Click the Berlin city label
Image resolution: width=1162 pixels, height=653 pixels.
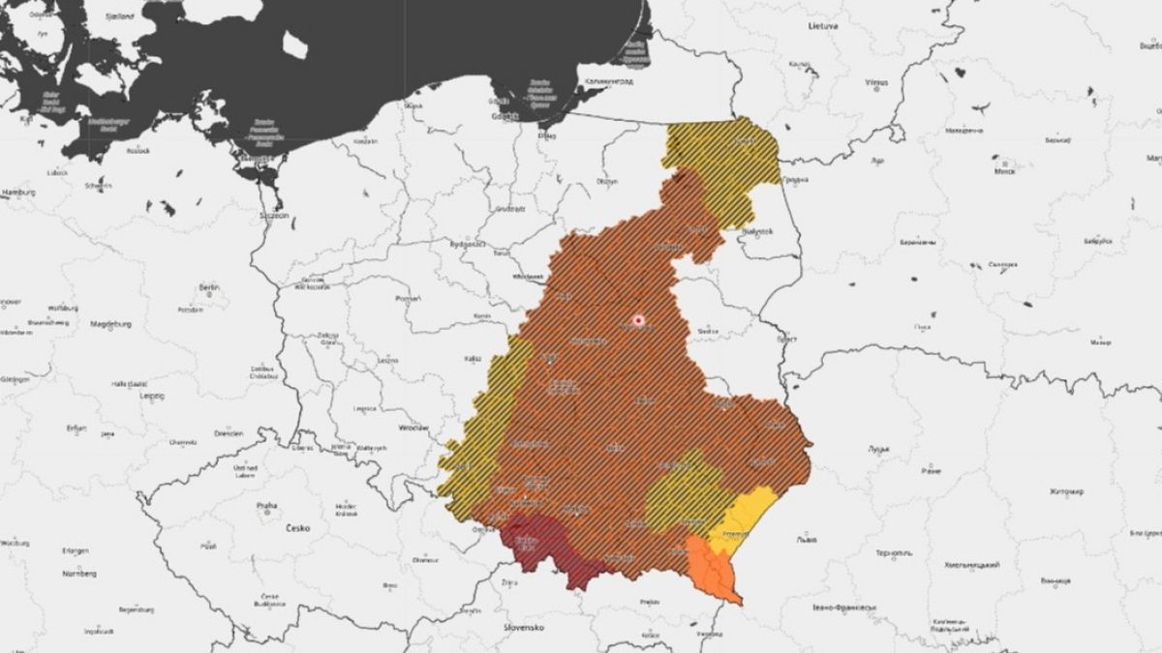[208, 287]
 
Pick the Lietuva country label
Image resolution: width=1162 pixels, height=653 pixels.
[822, 27]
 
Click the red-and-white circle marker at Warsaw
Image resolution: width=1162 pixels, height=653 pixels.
[638, 319]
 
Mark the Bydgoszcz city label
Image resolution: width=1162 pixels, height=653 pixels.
[467, 245]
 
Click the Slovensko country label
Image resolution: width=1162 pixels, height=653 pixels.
[524, 627]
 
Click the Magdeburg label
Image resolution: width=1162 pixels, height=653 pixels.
[109, 324]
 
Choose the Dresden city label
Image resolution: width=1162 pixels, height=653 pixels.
[229, 433]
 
